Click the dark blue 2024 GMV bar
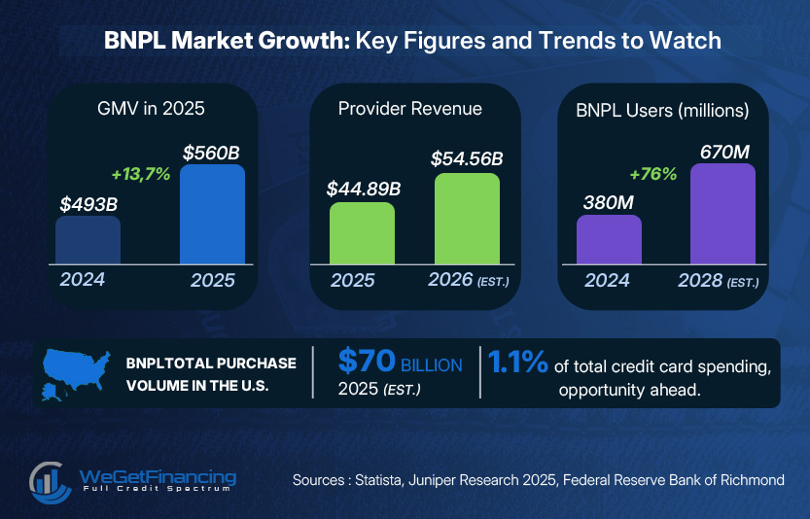point(88,240)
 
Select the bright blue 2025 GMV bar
point(213,214)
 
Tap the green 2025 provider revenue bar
point(362,233)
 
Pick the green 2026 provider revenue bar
point(467,219)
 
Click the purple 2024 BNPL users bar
point(609,239)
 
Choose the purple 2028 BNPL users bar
point(723,214)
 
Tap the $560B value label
point(211,152)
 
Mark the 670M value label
point(722,150)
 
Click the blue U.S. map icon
point(76,370)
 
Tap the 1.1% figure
point(517,363)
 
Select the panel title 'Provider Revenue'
point(409,109)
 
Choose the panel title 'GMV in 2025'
point(151,109)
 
